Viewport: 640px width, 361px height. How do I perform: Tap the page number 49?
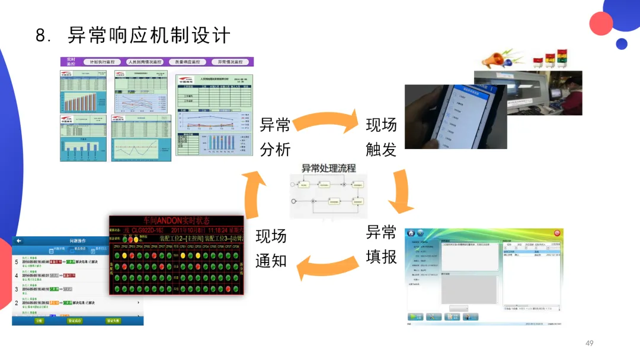(x=589, y=343)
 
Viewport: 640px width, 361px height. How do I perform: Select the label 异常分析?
(x=276, y=137)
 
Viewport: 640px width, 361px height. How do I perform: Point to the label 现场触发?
(x=381, y=137)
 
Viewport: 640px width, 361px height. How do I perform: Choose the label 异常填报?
(x=381, y=243)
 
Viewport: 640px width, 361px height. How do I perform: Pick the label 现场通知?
(x=271, y=248)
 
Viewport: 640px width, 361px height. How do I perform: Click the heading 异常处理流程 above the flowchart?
(x=329, y=168)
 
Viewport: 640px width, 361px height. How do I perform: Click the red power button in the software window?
(x=556, y=233)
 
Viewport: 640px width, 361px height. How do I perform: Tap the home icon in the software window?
(x=420, y=233)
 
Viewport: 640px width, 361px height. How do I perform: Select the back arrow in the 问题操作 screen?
(x=18, y=241)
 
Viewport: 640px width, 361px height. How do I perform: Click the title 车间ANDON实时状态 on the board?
(x=177, y=220)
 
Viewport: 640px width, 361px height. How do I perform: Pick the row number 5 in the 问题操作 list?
(x=16, y=261)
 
